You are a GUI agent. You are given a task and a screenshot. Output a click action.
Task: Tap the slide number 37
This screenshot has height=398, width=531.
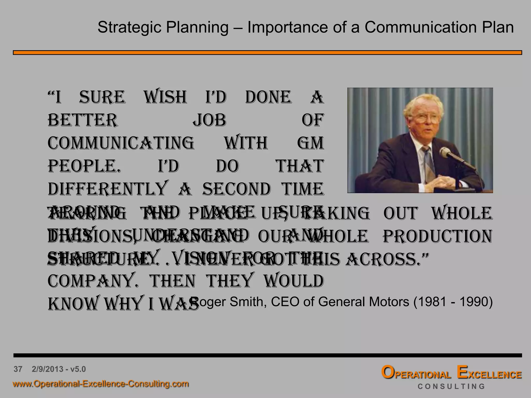(x=18, y=369)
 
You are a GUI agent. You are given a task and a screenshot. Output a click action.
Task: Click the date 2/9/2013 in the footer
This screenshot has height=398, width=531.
(x=47, y=369)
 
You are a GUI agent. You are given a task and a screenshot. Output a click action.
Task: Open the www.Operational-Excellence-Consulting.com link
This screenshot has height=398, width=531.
(x=101, y=384)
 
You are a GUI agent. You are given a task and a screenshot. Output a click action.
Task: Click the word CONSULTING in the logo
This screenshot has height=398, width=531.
(x=451, y=387)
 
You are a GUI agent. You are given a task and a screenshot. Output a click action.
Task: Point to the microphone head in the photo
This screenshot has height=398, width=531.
(x=445, y=152)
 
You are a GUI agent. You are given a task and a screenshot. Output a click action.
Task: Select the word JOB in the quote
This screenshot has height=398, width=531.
(x=209, y=120)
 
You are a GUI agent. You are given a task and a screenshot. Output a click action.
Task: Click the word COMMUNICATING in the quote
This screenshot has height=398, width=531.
(x=121, y=143)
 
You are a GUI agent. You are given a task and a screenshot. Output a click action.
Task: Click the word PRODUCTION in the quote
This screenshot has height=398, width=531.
(x=437, y=236)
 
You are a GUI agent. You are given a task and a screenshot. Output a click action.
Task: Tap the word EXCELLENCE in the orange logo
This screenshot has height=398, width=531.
(x=489, y=373)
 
